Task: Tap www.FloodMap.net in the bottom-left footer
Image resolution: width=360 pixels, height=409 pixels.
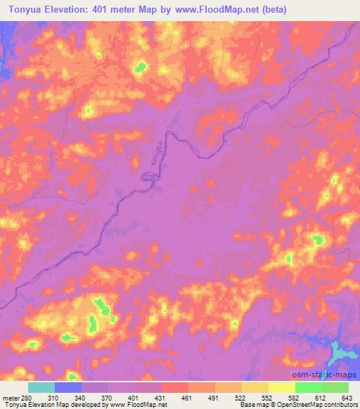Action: [134, 405]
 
